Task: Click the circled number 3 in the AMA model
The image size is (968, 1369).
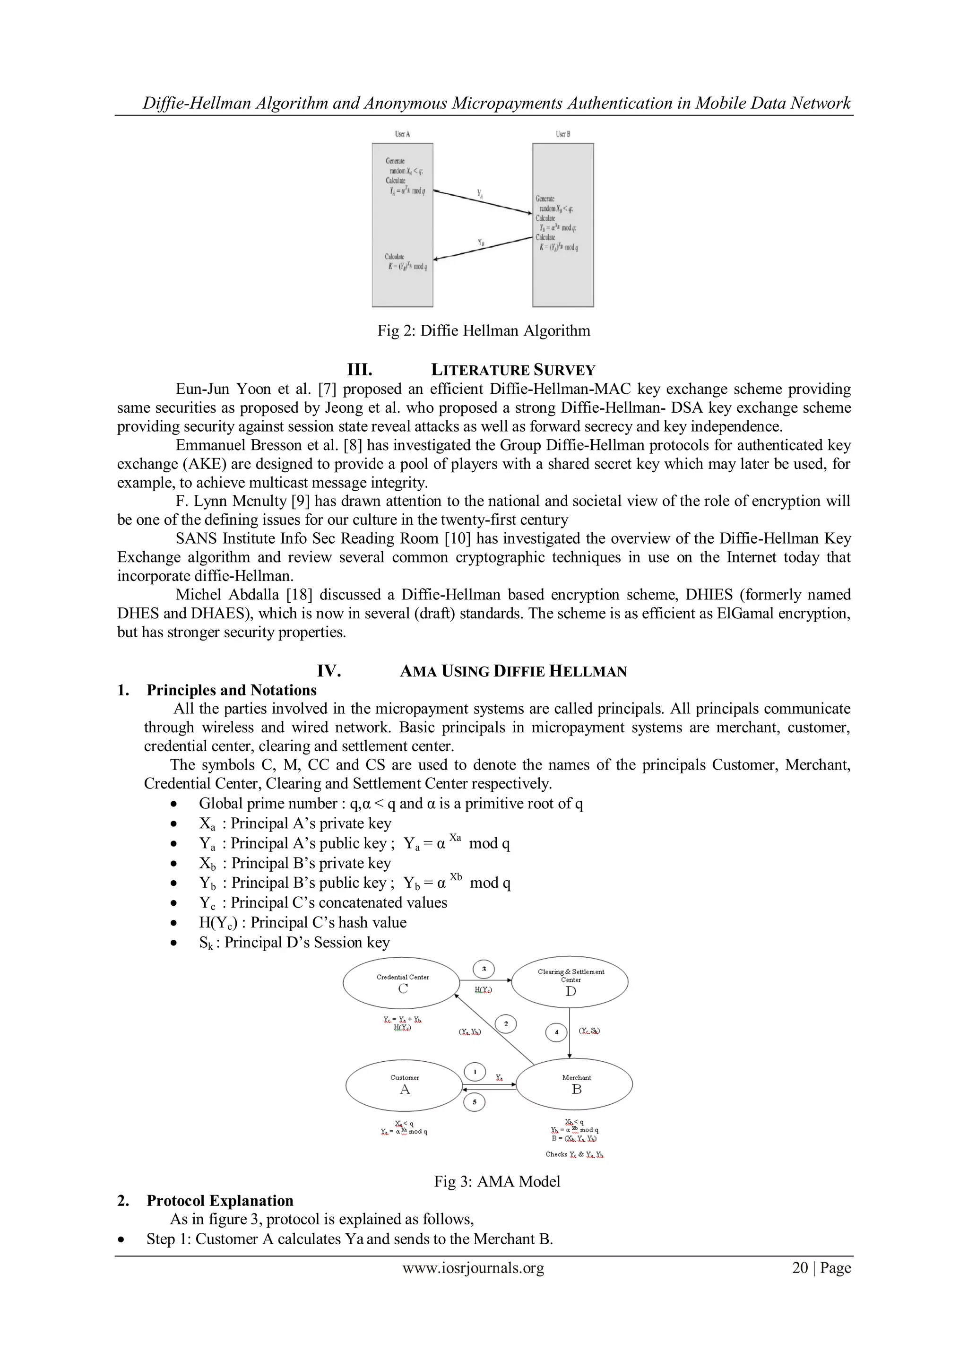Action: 484,969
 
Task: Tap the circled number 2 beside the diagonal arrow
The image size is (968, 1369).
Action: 505,1024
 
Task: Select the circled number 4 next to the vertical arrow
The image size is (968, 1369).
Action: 556,1031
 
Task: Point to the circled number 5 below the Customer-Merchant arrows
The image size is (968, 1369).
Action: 475,1102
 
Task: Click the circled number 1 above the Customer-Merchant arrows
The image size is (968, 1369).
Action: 475,1072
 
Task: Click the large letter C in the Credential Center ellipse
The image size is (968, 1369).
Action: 403,989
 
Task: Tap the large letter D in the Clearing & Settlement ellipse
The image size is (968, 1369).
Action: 570,992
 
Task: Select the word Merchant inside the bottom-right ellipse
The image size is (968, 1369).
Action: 576,1077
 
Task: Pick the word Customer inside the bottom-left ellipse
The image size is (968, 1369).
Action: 405,1077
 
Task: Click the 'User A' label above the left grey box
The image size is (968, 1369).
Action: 402,134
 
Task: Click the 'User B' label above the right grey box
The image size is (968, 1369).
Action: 562,134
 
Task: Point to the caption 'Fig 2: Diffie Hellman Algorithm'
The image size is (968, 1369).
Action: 484,331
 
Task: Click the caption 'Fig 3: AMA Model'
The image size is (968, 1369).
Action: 497,1181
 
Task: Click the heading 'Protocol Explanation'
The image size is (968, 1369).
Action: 220,1201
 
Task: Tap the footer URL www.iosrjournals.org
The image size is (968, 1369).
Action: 473,1268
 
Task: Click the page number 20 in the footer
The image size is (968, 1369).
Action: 799,1268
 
